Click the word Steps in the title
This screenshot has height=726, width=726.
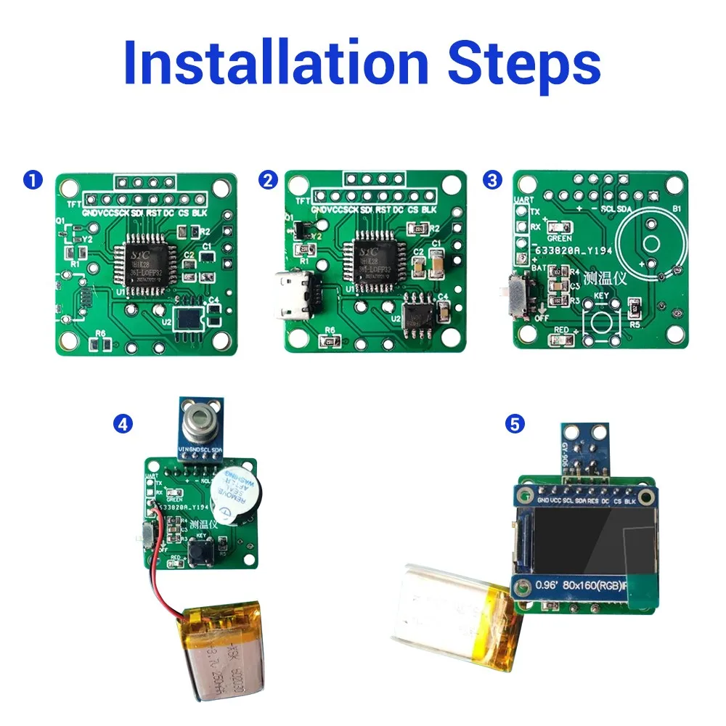tap(524, 64)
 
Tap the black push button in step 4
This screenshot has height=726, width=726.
tap(200, 554)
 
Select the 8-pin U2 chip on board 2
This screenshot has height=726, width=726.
tap(418, 314)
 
